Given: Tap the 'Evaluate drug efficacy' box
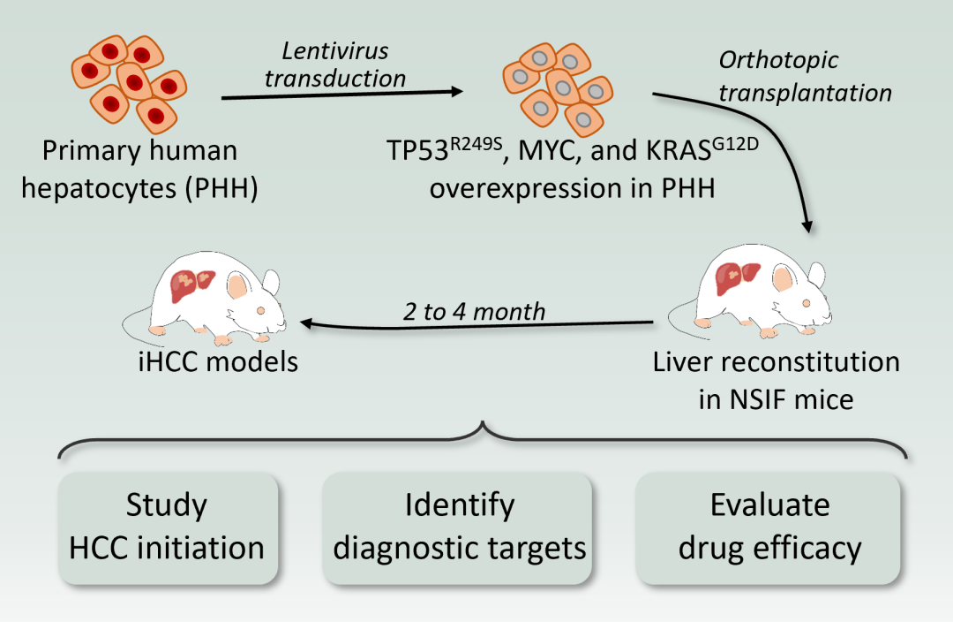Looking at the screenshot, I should tap(769, 527).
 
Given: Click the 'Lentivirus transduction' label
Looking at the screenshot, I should tap(336, 64).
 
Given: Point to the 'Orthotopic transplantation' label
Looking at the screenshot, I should tap(803, 76).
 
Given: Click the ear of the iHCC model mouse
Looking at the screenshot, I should tap(240, 285).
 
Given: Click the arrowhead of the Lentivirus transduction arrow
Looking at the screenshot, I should tap(457, 92).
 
